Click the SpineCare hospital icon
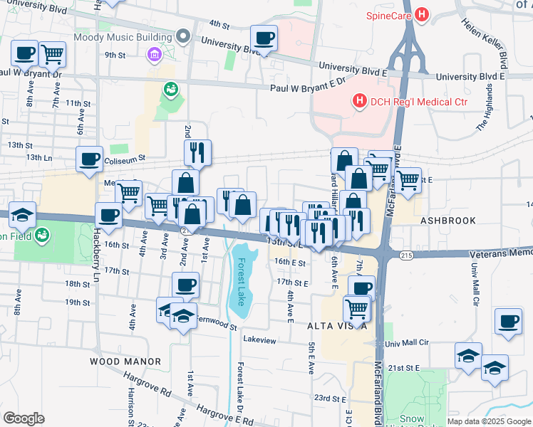point(423,14)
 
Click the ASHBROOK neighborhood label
point(447,221)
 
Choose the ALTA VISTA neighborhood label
point(336,326)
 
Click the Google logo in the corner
point(24,418)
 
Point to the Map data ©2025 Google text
point(488,421)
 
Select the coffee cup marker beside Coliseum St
point(90,159)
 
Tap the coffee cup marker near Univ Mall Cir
point(508,322)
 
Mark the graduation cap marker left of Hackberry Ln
point(23,214)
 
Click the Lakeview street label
point(259,340)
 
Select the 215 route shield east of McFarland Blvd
point(405,254)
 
